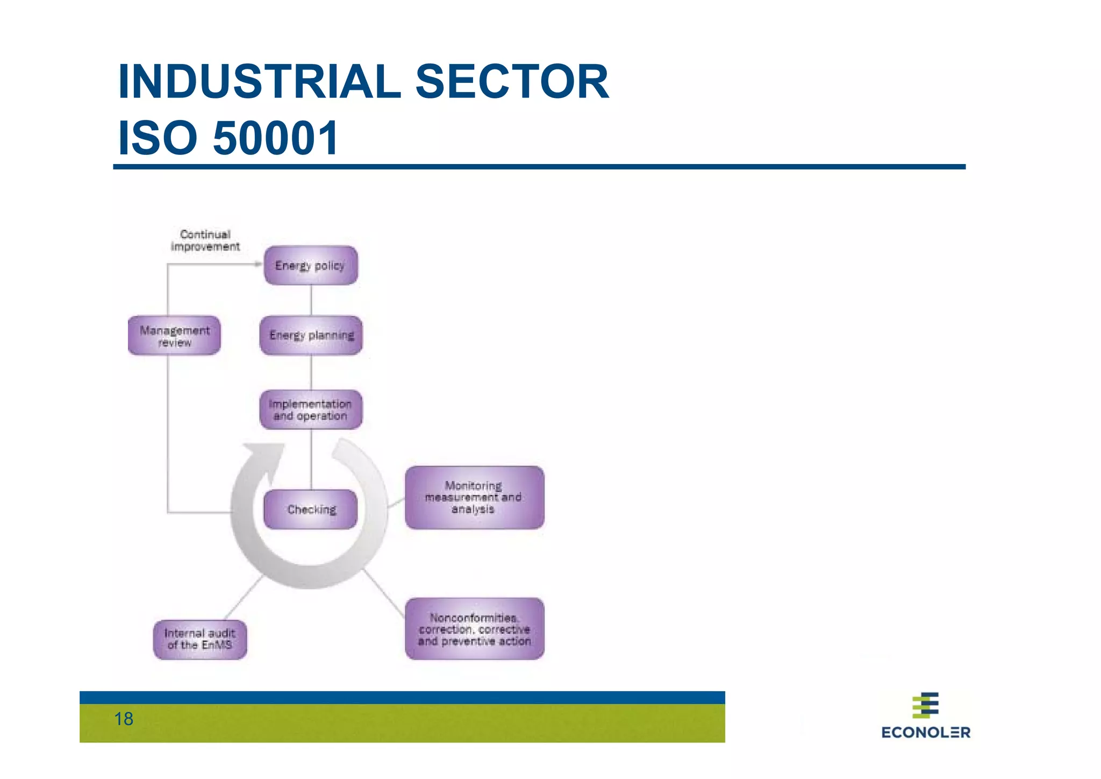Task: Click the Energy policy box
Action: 311,265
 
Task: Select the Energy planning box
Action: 311,335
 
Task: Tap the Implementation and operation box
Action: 311,409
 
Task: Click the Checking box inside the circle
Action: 311,509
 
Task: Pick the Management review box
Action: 174,335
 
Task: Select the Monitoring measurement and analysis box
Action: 474,498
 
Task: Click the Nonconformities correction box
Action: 474,628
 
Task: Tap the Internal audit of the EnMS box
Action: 200,639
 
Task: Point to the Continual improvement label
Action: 205,240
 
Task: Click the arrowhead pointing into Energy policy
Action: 259,264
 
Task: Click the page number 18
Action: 124,719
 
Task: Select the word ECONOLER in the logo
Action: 926,732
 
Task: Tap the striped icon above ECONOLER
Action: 926,705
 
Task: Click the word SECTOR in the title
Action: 512,82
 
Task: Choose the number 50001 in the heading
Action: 276,138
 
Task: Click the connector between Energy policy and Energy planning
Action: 311,300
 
